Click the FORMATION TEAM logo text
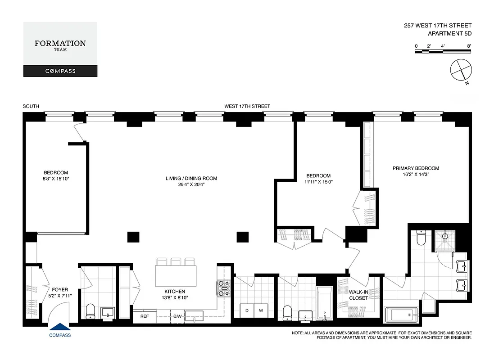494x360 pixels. (60, 44)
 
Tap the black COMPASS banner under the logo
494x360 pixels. (60, 71)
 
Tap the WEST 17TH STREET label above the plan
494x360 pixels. (247, 107)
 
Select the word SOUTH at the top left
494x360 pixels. (31, 107)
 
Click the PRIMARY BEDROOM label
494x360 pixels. (416, 168)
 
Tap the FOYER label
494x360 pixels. (60, 290)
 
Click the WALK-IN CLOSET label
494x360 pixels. (359, 295)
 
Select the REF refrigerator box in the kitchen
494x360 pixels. (145, 316)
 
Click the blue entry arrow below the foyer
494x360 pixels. (60, 328)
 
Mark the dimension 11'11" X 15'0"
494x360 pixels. (318, 182)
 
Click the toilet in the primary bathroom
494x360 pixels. (421, 238)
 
